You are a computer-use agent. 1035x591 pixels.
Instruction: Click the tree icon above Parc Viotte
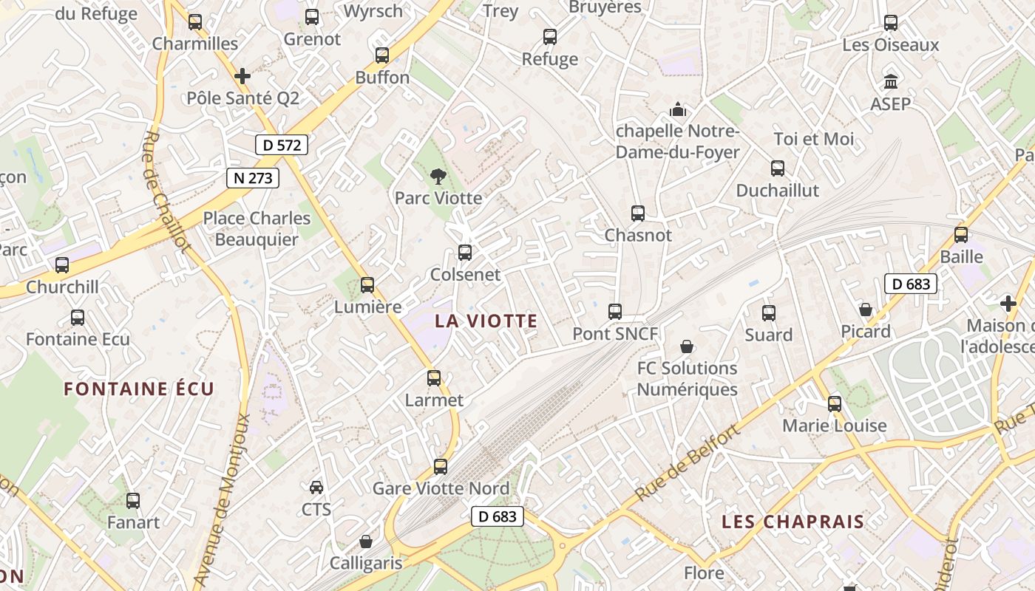click(x=438, y=176)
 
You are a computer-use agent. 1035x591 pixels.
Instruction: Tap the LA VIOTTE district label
click(x=486, y=321)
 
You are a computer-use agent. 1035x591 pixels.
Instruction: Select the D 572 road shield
click(x=282, y=145)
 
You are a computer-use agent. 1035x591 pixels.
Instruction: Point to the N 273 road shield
click(x=253, y=178)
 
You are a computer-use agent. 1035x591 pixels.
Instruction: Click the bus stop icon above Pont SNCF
click(x=615, y=312)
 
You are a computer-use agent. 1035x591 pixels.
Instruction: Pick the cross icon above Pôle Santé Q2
click(x=242, y=76)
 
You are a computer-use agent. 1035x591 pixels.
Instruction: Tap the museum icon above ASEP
click(x=891, y=81)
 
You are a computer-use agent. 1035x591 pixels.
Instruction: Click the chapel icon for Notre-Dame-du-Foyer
click(x=678, y=110)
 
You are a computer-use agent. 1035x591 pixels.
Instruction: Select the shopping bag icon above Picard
click(x=866, y=310)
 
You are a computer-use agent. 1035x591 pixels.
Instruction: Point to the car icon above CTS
click(x=316, y=488)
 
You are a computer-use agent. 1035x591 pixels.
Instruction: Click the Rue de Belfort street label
click(x=687, y=463)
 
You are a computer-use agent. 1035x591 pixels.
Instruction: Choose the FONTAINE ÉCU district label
click(x=139, y=389)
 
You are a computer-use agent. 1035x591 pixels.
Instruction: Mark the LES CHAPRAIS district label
click(x=793, y=522)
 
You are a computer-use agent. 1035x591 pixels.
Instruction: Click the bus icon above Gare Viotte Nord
click(x=441, y=467)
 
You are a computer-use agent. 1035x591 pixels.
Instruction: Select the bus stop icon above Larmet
click(x=434, y=378)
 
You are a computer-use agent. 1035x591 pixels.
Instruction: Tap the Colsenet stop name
click(x=466, y=275)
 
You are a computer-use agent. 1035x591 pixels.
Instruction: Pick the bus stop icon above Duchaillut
click(x=778, y=168)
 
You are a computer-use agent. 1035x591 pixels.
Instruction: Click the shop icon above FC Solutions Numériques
click(x=687, y=346)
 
